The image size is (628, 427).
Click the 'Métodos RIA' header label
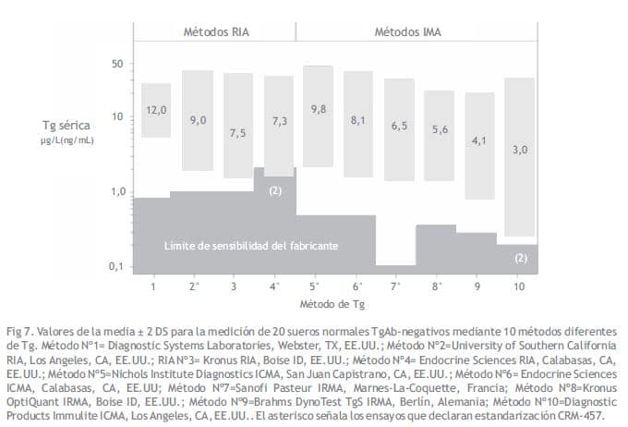(215, 31)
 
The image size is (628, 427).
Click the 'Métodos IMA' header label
(407, 31)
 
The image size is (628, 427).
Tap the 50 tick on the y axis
(116, 64)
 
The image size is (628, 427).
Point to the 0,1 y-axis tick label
(115, 266)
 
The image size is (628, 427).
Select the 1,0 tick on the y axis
(115, 192)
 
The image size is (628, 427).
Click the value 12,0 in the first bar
(156, 111)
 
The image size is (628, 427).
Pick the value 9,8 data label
(319, 109)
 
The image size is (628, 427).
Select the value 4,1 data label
(478, 140)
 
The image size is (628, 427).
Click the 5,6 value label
(439, 129)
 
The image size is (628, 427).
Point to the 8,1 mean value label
(358, 120)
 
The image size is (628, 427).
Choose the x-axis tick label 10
(519, 287)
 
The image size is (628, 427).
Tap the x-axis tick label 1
(153, 287)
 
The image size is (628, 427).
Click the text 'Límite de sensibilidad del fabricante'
(250, 246)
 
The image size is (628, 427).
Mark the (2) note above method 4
(274, 189)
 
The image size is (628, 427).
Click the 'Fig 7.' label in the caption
(20, 331)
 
